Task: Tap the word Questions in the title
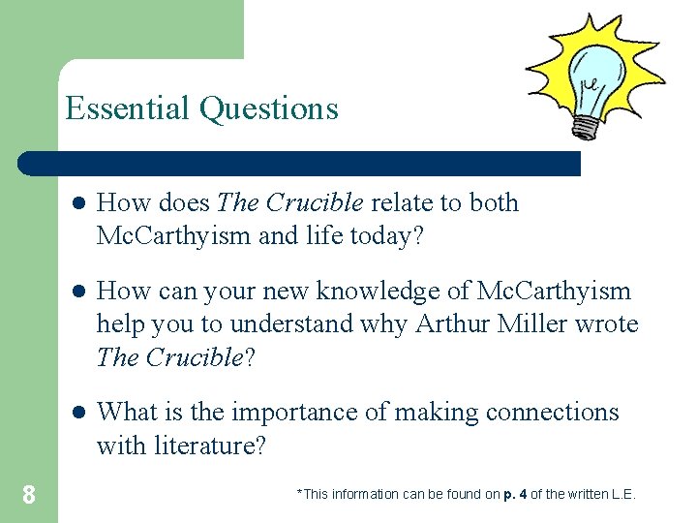[269, 108]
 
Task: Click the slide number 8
[29, 495]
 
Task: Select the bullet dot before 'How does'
[77, 203]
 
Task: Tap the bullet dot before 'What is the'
[77, 413]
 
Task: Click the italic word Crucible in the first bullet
[315, 202]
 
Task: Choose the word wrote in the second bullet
[607, 323]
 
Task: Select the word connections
[552, 412]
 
